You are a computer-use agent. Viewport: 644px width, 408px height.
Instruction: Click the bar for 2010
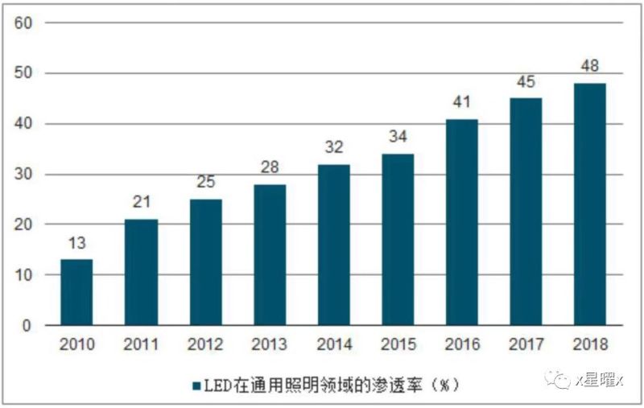click(x=76, y=292)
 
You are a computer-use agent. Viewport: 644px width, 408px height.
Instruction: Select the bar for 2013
click(x=269, y=254)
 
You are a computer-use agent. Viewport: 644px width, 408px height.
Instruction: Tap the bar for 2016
click(x=461, y=222)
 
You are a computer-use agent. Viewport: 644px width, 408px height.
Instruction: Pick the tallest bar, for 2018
click(x=589, y=204)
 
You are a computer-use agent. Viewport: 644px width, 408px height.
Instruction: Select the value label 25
click(x=205, y=183)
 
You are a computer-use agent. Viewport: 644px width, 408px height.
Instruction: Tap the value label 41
click(x=461, y=103)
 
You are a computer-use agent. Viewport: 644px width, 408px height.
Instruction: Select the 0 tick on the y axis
click(x=27, y=326)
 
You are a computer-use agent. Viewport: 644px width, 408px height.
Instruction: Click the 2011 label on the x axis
click(x=141, y=344)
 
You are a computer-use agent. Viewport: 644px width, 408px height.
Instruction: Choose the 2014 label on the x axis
click(x=333, y=344)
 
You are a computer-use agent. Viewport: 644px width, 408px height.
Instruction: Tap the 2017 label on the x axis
click(x=526, y=344)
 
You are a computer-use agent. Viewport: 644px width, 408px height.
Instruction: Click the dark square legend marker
click(x=195, y=385)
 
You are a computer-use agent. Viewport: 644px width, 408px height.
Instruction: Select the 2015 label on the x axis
click(x=398, y=344)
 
